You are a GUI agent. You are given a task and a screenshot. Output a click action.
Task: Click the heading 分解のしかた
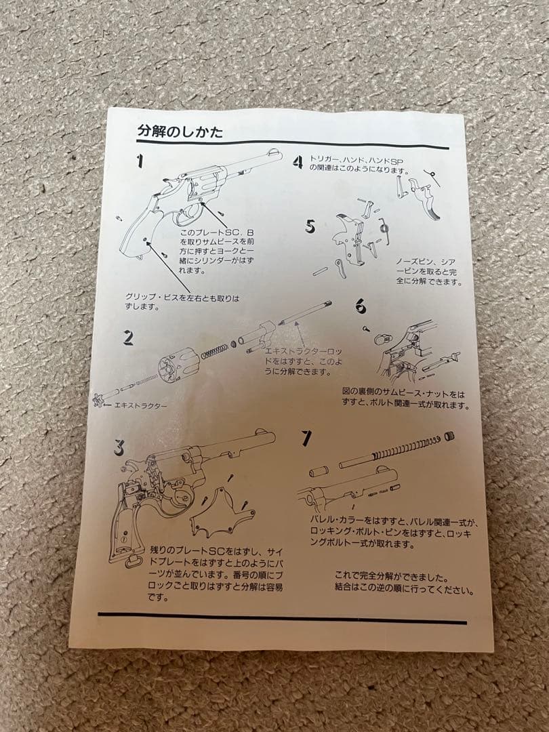[180, 131]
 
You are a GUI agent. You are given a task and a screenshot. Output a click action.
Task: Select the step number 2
[127, 337]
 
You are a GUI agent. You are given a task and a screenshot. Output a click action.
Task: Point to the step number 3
[119, 447]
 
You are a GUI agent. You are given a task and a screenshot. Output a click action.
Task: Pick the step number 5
[310, 226]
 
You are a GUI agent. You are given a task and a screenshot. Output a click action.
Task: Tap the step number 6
[361, 306]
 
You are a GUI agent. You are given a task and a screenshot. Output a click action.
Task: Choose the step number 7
[306, 439]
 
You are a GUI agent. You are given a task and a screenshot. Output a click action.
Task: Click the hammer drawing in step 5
[346, 234]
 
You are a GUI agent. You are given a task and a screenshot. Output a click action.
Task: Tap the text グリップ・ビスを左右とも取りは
[182, 298]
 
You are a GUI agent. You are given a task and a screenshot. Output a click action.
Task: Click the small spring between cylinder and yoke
[216, 351]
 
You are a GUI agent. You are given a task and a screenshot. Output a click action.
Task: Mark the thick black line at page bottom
[281, 617]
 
